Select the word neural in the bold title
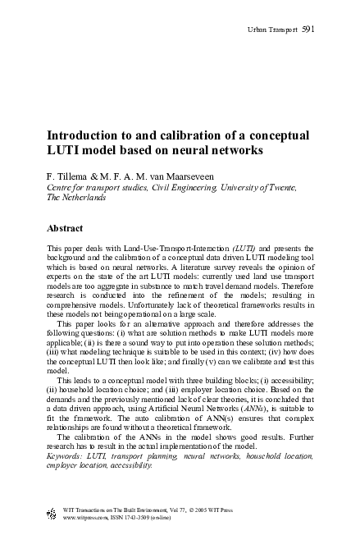221,151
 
